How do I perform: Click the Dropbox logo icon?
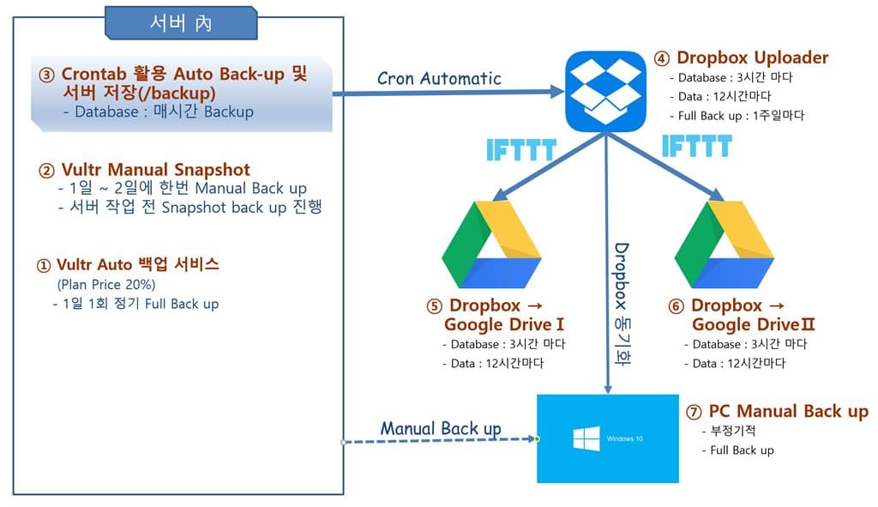pos(604,91)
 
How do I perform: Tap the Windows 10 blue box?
pos(606,438)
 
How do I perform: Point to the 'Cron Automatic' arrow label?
pos(439,78)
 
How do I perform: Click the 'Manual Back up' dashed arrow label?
pos(441,428)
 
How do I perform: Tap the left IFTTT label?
pos(520,150)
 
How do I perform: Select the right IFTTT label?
pos(695,146)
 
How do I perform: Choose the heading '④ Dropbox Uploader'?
pos(742,58)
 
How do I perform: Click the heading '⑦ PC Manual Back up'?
pos(777,412)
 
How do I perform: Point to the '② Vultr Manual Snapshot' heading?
pos(145,169)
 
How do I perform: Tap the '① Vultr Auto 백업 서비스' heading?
pos(128,264)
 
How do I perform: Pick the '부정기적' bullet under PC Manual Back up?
pos(734,432)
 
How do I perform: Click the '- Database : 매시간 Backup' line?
pos(158,112)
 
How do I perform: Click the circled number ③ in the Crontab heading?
pos(46,75)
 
